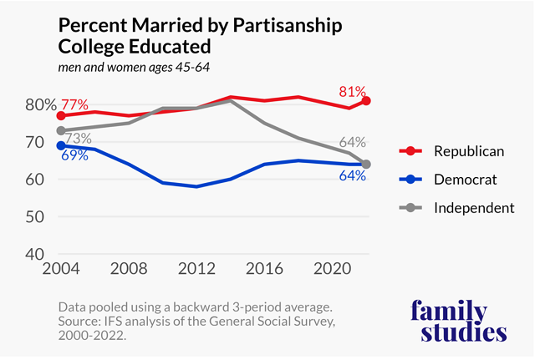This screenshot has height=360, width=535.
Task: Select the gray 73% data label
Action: click(x=78, y=138)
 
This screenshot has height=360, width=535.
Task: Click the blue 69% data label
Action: click(x=74, y=155)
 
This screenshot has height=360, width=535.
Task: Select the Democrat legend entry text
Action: click(x=465, y=180)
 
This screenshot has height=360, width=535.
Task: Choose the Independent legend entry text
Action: click(x=474, y=208)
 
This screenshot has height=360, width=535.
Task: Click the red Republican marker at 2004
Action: click(x=61, y=116)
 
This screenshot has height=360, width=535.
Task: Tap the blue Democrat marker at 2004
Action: click(x=61, y=145)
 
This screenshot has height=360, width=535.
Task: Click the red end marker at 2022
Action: click(x=366, y=101)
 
